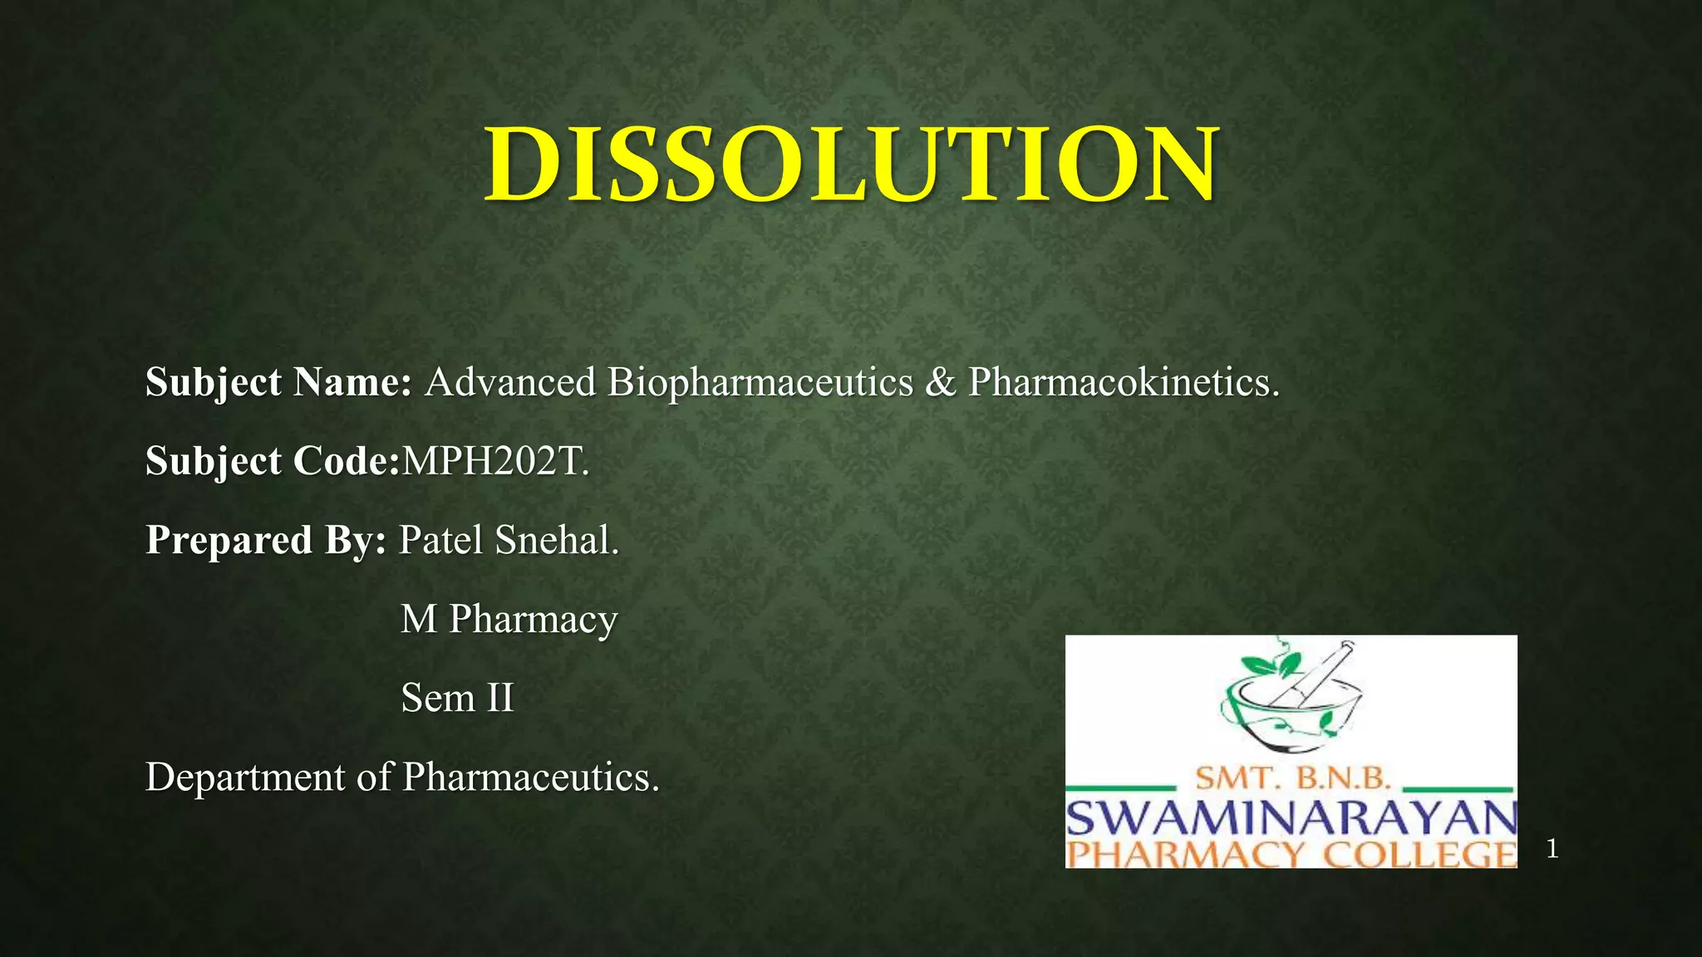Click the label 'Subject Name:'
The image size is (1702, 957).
pos(278,383)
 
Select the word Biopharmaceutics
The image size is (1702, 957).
pos(760,383)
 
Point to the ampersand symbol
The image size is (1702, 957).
pos(941,383)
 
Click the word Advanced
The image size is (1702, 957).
pos(510,383)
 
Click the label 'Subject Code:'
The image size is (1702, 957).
pos(273,461)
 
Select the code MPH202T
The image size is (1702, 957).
pos(494,461)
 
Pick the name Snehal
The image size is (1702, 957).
pos(555,540)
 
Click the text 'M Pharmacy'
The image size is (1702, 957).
pos(509,620)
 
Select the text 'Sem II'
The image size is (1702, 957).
pos(457,698)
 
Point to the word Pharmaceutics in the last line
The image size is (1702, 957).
pos(529,778)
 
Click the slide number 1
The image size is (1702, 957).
pos(1552,849)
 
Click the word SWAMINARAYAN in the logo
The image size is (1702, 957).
pos(1291,819)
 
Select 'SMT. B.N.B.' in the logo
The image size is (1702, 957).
pos(1292,778)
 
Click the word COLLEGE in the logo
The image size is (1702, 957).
pos(1419,855)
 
